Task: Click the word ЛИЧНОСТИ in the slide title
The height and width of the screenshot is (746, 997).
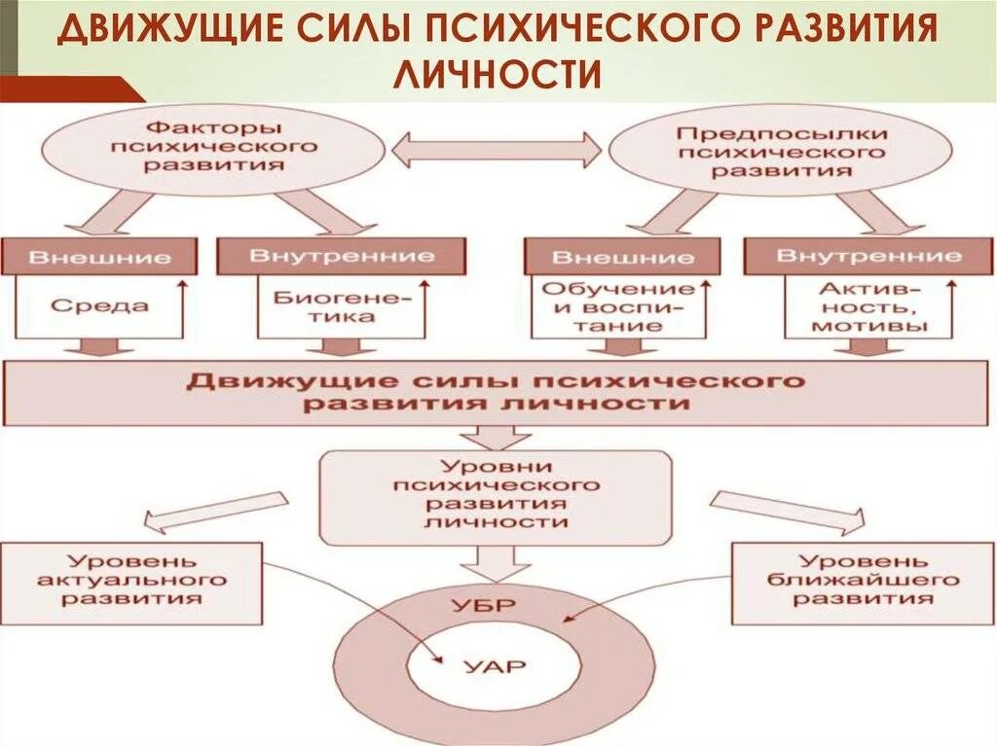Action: [498, 75]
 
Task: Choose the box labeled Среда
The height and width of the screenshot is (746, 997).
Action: [100, 306]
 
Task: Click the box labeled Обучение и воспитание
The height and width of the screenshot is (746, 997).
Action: [618, 307]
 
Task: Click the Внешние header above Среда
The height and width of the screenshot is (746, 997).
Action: [100, 258]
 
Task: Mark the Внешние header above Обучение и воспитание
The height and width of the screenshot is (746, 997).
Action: [623, 258]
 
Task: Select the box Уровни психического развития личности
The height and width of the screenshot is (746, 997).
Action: [497, 496]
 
